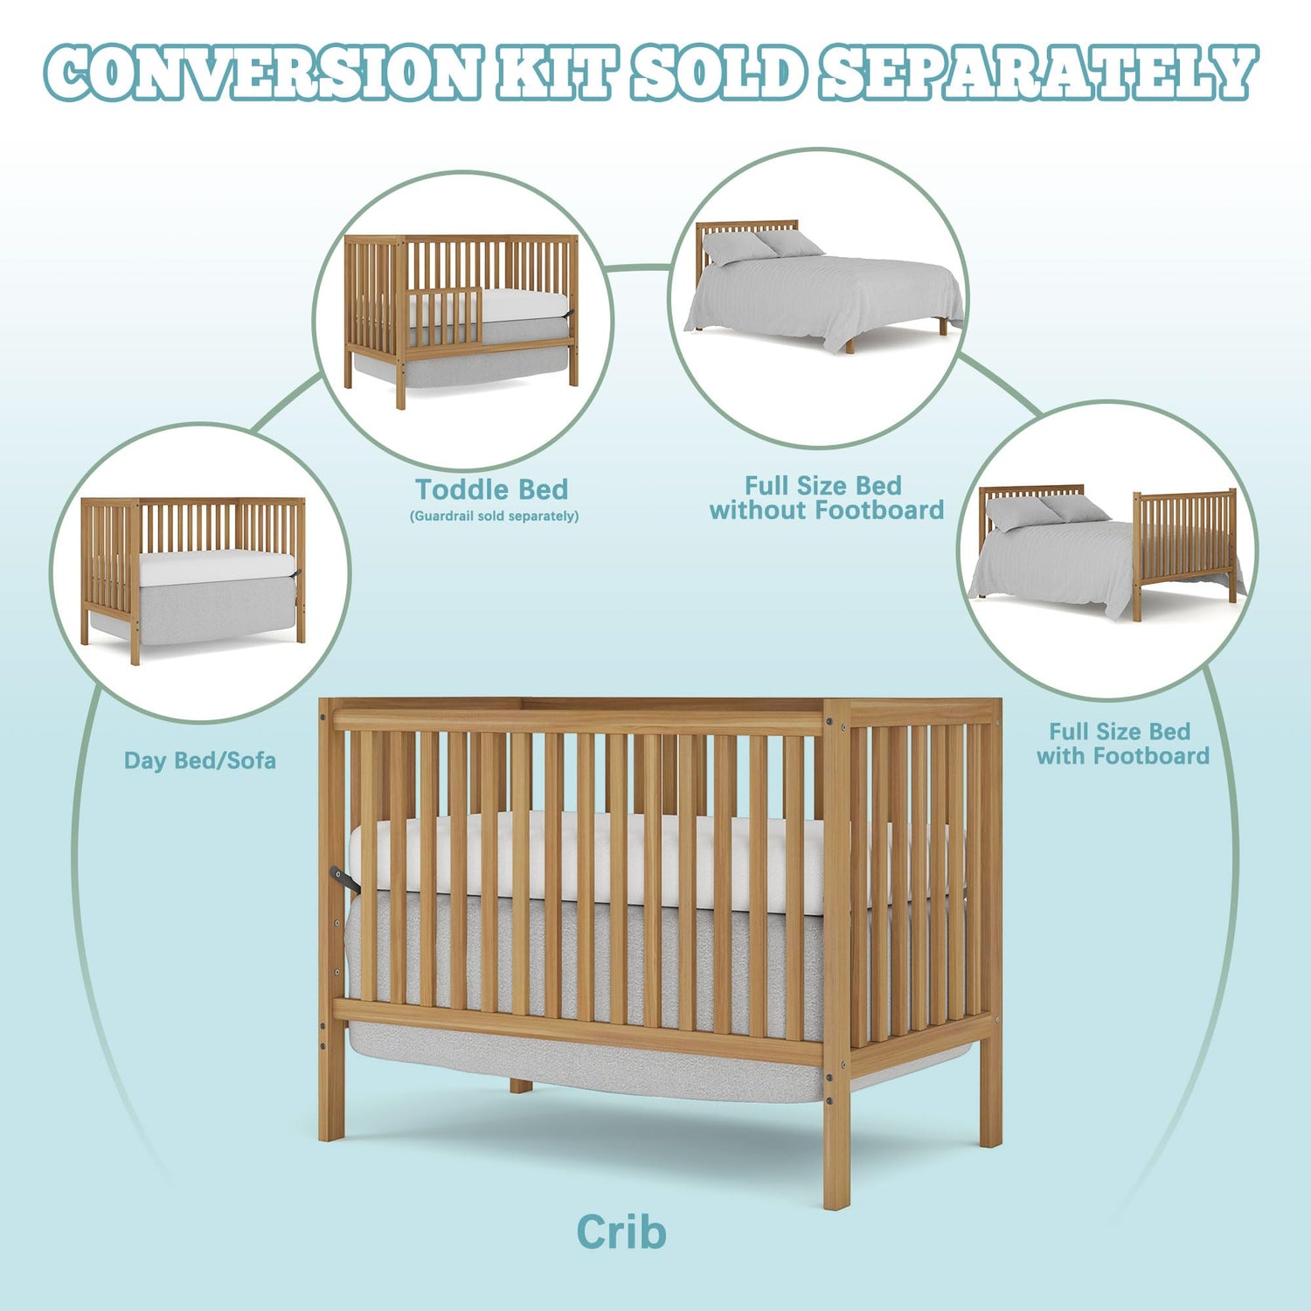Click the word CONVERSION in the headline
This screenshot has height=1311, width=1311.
click(x=263, y=73)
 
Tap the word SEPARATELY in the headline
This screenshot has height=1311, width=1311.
click(x=1038, y=73)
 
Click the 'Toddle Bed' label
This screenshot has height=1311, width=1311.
click(x=491, y=489)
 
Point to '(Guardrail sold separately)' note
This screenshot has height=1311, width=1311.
click(x=494, y=516)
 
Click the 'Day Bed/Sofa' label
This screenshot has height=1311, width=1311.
click(x=200, y=760)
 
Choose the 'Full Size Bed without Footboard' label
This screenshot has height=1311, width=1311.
click(x=827, y=498)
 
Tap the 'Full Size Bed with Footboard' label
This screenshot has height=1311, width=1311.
click(x=1122, y=744)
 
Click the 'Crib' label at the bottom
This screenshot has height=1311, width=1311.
click(x=621, y=1232)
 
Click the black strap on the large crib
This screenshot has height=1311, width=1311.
click(x=344, y=880)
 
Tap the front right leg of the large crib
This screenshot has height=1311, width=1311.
click(x=836, y=1127)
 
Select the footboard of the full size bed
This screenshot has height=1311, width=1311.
click(x=1185, y=546)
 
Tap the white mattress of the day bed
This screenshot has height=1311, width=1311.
click(x=217, y=568)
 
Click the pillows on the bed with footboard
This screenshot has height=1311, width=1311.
click(x=1045, y=512)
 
